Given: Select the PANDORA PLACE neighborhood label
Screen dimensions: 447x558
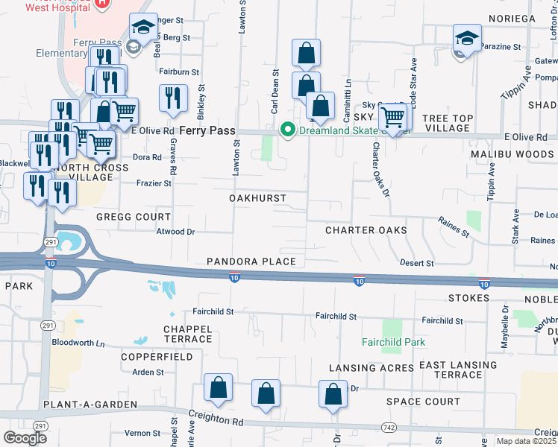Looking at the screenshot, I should point(251,261).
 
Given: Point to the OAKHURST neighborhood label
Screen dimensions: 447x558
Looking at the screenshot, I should point(257,199).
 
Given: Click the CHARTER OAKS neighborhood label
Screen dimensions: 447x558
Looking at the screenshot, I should point(366,230).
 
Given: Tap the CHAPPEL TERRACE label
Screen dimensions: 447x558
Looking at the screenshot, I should point(188,334).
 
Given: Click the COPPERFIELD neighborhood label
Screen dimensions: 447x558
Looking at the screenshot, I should point(157,357).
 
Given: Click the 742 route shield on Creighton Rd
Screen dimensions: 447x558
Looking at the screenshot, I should point(389,427).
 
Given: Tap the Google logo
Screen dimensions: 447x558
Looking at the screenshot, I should point(25,437).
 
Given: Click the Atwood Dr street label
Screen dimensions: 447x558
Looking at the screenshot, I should point(175,232).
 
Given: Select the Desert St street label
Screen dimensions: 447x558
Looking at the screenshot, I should point(416,263).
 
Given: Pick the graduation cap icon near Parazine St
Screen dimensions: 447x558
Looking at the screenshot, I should point(467,37).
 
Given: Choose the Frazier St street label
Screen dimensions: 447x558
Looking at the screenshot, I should point(154,183).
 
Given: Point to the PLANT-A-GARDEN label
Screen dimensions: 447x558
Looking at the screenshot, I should point(90,405).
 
